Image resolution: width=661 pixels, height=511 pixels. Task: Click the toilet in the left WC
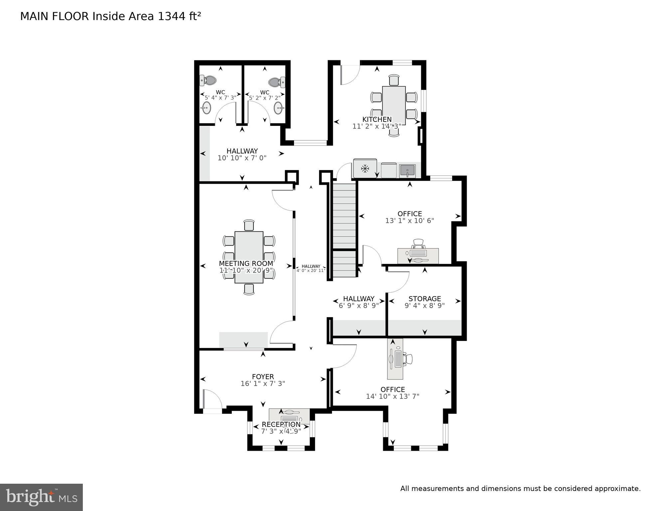click(x=208, y=80)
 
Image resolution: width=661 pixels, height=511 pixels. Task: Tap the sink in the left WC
click(x=206, y=108)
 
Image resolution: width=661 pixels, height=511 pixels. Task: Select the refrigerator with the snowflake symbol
click(x=365, y=169)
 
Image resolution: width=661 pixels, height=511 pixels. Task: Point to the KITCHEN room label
click(x=377, y=119)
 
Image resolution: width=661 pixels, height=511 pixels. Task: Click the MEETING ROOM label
click(x=246, y=263)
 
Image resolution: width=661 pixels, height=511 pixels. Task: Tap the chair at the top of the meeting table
click(x=249, y=225)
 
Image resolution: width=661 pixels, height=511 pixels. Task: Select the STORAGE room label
click(x=424, y=299)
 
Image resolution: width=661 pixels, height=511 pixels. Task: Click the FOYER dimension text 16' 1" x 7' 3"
click(x=263, y=383)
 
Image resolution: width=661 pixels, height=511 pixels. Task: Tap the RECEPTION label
click(x=281, y=424)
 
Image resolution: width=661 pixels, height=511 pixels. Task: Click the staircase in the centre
click(x=344, y=230)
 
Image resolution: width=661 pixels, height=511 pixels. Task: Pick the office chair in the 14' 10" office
click(x=408, y=359)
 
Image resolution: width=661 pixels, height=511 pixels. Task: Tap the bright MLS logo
click(x=41, y=497)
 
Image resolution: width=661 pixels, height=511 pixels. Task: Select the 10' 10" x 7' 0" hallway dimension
click(x=242, y=158)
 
